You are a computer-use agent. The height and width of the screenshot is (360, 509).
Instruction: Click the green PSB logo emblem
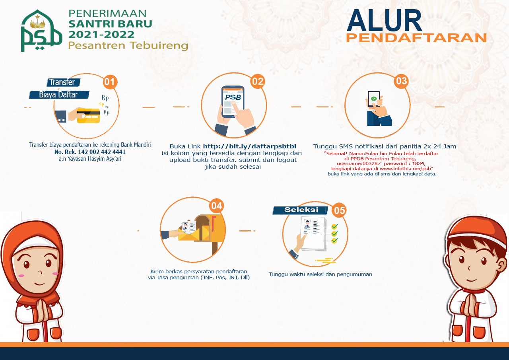[41, 31]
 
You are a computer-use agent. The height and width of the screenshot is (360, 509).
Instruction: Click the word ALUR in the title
[384, 21]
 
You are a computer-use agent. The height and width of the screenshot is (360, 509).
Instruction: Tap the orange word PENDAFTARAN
[416, 38]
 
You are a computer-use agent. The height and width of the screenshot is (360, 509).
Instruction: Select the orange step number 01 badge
[110, 82]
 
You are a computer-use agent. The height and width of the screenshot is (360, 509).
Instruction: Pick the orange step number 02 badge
[258, 82]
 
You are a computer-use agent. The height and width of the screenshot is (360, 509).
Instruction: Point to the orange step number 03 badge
[401, 81]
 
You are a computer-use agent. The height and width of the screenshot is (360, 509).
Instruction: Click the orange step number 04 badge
[216, 206]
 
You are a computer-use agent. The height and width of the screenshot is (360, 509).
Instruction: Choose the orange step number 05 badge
[339, 210]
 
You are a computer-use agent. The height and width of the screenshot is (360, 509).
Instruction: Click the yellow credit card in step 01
[88, 115]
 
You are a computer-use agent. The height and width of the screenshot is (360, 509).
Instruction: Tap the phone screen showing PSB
[233, 101]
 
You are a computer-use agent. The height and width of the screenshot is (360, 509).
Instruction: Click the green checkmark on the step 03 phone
[374, 98]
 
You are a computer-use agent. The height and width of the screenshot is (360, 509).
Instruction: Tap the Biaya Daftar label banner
[59, 95]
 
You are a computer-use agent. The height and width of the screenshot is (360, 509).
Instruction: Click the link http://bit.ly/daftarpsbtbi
[249, 146]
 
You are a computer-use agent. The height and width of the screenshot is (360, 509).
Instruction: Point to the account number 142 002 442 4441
[96, 152]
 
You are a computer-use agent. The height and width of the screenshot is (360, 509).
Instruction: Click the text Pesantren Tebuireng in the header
[128, 46]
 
